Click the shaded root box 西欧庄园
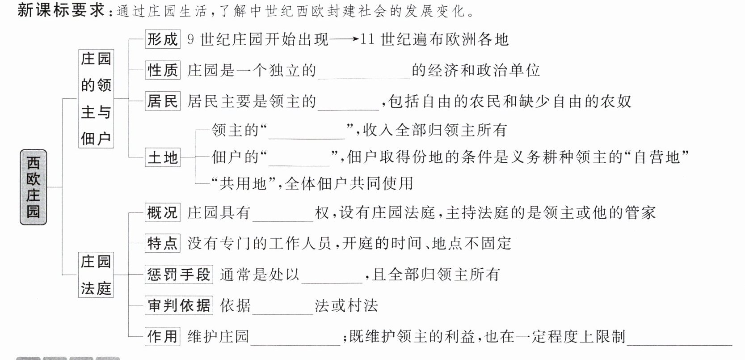(33, 187)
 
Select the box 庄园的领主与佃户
(96, 98)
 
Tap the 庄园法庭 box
(96, 275)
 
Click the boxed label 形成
(163, 39)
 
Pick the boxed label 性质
(163, 70)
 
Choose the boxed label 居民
(163, 101)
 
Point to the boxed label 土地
(163, 157)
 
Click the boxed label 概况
(163, 212)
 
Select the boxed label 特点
(163, 243)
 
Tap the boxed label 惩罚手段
(179, 274)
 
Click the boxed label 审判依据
(179, 305)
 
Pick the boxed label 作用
(163, 336)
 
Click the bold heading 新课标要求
(61, 10)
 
